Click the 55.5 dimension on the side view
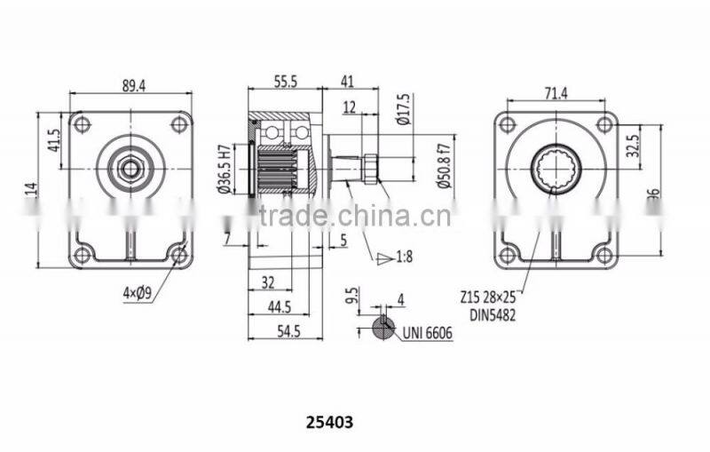285,81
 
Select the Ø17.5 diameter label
405,109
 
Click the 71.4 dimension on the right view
556,92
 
